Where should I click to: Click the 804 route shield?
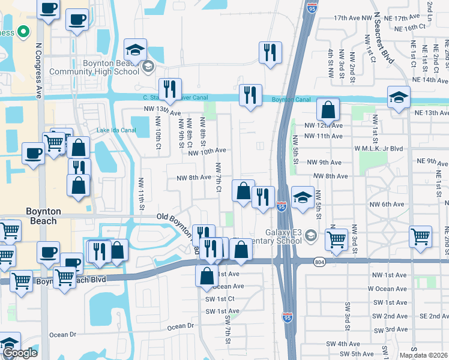pyautogui.click(x=319, y=261)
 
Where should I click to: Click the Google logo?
pyautogui.click(x=20, y=353)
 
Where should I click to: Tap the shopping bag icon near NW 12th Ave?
pyautogui.click(x=328, y=109)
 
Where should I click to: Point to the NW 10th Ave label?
pyautogui.click(x=206, y=152)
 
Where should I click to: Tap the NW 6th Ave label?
pyautogui.click(x=387, y=205)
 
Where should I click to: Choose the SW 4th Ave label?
pyautogui.click(x=342, y=344)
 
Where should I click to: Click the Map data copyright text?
pyautogui.click(x=424, y=355)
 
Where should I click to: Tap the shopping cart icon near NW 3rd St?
pyautogui.click(x=337, y=239)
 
